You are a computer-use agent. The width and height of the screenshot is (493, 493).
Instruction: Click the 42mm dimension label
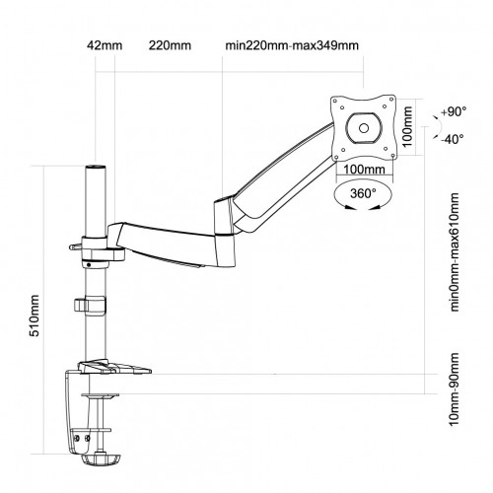tap(99, 45)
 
